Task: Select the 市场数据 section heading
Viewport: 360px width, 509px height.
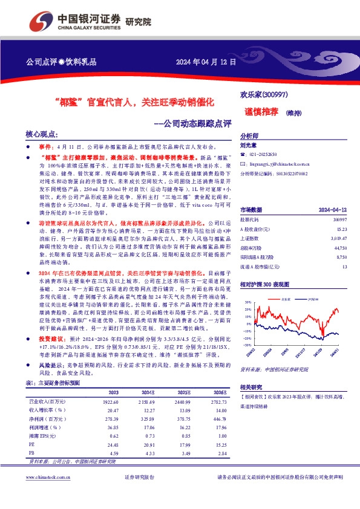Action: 252,209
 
